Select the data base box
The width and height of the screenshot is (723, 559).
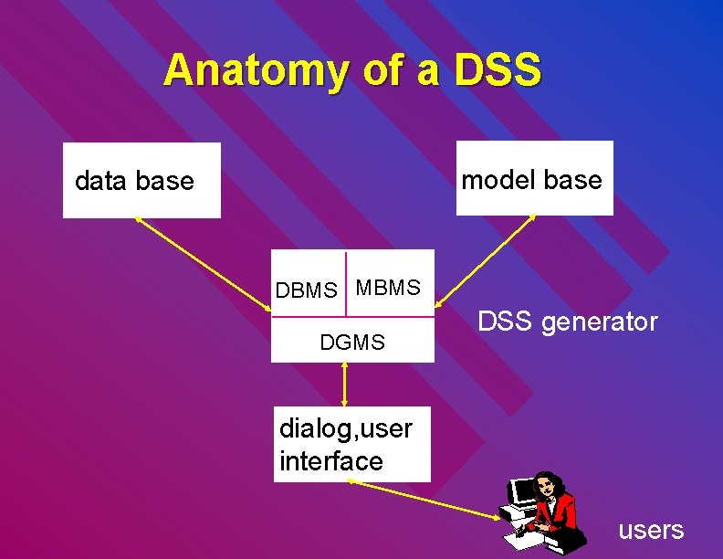[x=141, y=180]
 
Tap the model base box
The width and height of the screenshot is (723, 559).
[x=534, y=178]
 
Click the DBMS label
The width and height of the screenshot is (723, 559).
[x=307, y=291]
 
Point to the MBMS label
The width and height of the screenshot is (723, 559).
[x=388, y=289]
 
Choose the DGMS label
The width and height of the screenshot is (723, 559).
[x=352, y=343]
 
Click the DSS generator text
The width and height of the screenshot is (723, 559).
[x=567, y=322]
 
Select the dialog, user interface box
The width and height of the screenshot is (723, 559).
[x=352, y=444]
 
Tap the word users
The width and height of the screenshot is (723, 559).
[x=651, y=530]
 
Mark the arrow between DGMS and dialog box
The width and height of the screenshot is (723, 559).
[x=344, y=385]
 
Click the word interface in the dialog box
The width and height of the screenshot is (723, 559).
[x=331, y=461]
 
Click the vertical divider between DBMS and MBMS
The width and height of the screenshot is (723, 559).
[x=346, y=284]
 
